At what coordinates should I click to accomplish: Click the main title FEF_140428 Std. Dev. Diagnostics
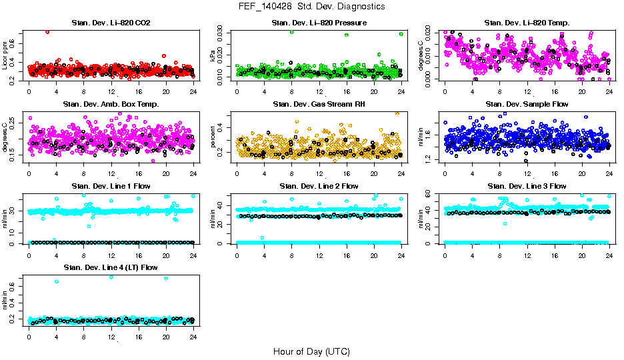click(311, 7)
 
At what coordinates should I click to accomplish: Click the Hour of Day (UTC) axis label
click(311, 351)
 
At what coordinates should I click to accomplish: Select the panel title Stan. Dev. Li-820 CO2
click(111, 23)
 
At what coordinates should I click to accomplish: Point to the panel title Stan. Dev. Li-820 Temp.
click(527, 23)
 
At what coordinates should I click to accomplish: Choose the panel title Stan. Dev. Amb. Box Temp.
click(111, 105)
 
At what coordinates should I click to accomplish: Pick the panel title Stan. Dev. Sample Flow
click(527, 105)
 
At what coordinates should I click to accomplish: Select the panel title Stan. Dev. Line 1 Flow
click(111, 186)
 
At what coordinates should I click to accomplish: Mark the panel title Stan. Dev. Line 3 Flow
click(527, 186)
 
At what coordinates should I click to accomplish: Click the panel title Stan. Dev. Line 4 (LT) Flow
click(111, 267)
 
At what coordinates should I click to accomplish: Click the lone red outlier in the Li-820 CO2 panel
click(47, 31)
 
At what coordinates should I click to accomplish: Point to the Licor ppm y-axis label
click(6, 55)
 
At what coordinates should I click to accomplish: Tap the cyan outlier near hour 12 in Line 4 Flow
click(111, 277)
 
